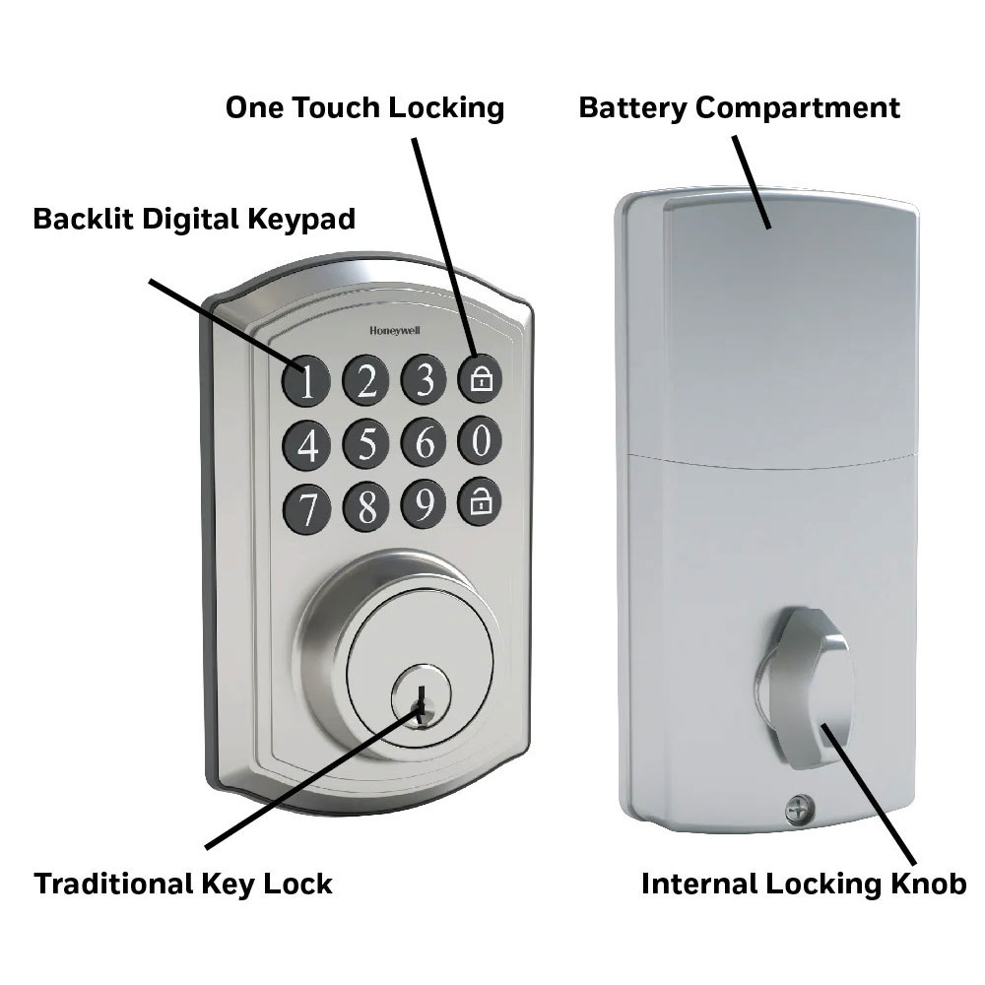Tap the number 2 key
click(x=365, y=379)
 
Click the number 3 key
click(x=424, y=378)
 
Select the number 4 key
click(x=306, y=445)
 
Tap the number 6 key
click(x=424, y=441)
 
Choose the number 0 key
click(x=480, y=439)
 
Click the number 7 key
click(x=306, y=508)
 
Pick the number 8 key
click(x=366, y=505)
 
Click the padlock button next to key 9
click(x=480, y=501)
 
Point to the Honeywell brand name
click(x=395, y=331)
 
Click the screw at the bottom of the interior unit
click(x=799, y=809)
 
